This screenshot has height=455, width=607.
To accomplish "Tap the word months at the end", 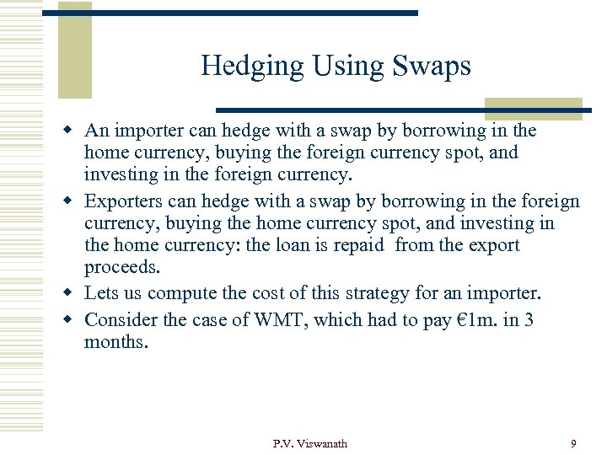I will (x=115, y=342).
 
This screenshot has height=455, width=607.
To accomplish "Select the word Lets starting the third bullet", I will (x=100, y=293).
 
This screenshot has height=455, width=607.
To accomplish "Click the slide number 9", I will (x=573, y=443).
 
